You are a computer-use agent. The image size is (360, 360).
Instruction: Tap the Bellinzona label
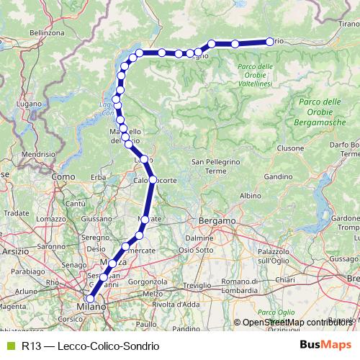click(27, 32)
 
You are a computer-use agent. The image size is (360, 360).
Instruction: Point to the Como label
click(64, 176)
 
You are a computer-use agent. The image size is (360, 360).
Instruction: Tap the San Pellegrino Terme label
click(215, 166)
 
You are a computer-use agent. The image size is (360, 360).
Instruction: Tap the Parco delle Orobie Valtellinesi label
click(254, 75)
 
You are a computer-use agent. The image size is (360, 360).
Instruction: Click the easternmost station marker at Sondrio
click(270, 42)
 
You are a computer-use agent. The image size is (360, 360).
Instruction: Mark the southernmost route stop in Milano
click(90, 299)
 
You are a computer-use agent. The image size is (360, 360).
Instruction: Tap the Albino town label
click(250, 195)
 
